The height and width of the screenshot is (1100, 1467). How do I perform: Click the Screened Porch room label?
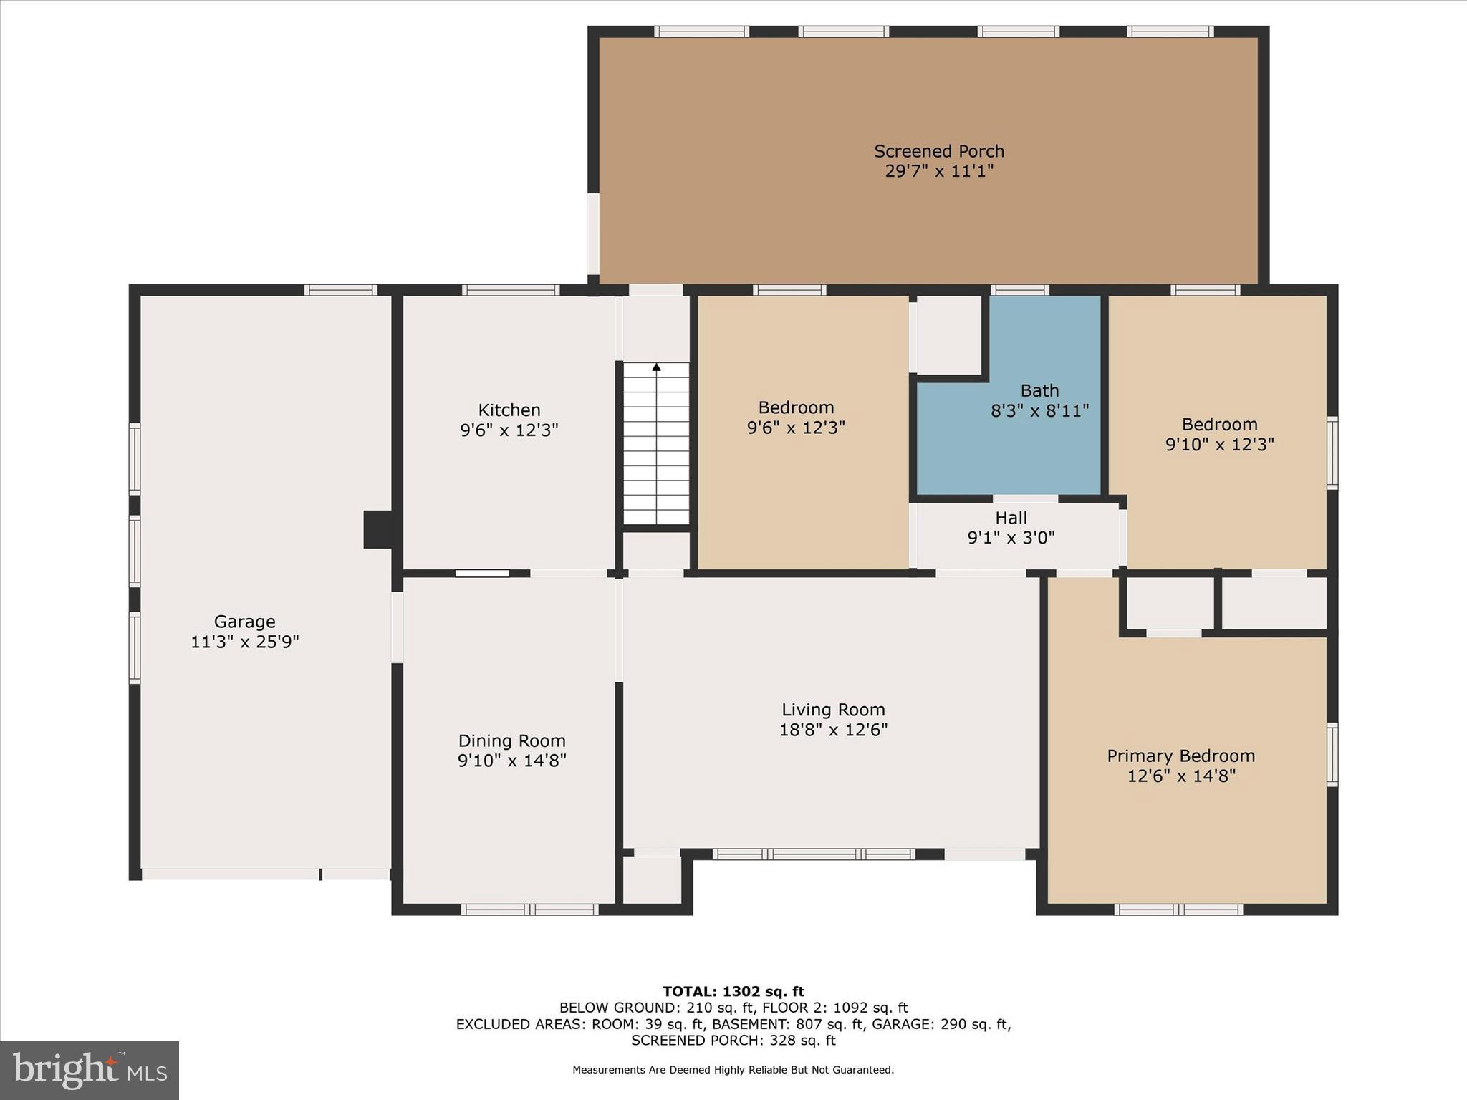[938, 152]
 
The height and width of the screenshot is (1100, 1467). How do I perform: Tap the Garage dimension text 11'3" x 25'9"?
[244, 642]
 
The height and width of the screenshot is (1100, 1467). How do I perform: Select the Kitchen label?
[509, 410]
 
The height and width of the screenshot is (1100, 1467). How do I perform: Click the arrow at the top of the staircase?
[656, 367]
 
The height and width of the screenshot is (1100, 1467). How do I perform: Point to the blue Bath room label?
[1039, 391]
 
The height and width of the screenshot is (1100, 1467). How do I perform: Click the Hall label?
[1011, 518]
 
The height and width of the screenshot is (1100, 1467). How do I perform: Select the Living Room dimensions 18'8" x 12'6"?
[833, 730]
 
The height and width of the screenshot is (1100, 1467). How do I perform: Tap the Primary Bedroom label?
[1180, 756]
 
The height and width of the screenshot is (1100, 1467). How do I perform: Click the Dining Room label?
[511, 741]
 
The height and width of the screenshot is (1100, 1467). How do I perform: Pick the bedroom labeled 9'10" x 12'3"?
[1219, 434]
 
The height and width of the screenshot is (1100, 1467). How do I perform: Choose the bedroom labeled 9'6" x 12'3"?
[796, 417]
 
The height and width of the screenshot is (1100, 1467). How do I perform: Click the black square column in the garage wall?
[377, 529]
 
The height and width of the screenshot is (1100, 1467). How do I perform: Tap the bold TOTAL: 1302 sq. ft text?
[733, 992]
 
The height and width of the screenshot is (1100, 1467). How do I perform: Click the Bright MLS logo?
[90, 1071]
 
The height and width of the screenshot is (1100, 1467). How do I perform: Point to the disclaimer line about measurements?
[733, 1070]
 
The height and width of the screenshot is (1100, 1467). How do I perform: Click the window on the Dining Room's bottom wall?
[529, 910]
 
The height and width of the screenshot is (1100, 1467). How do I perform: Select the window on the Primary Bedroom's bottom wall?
[1178, 910]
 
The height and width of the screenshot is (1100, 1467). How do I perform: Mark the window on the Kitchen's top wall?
[510, 290]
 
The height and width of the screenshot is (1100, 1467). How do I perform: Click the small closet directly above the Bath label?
[949, 334]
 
